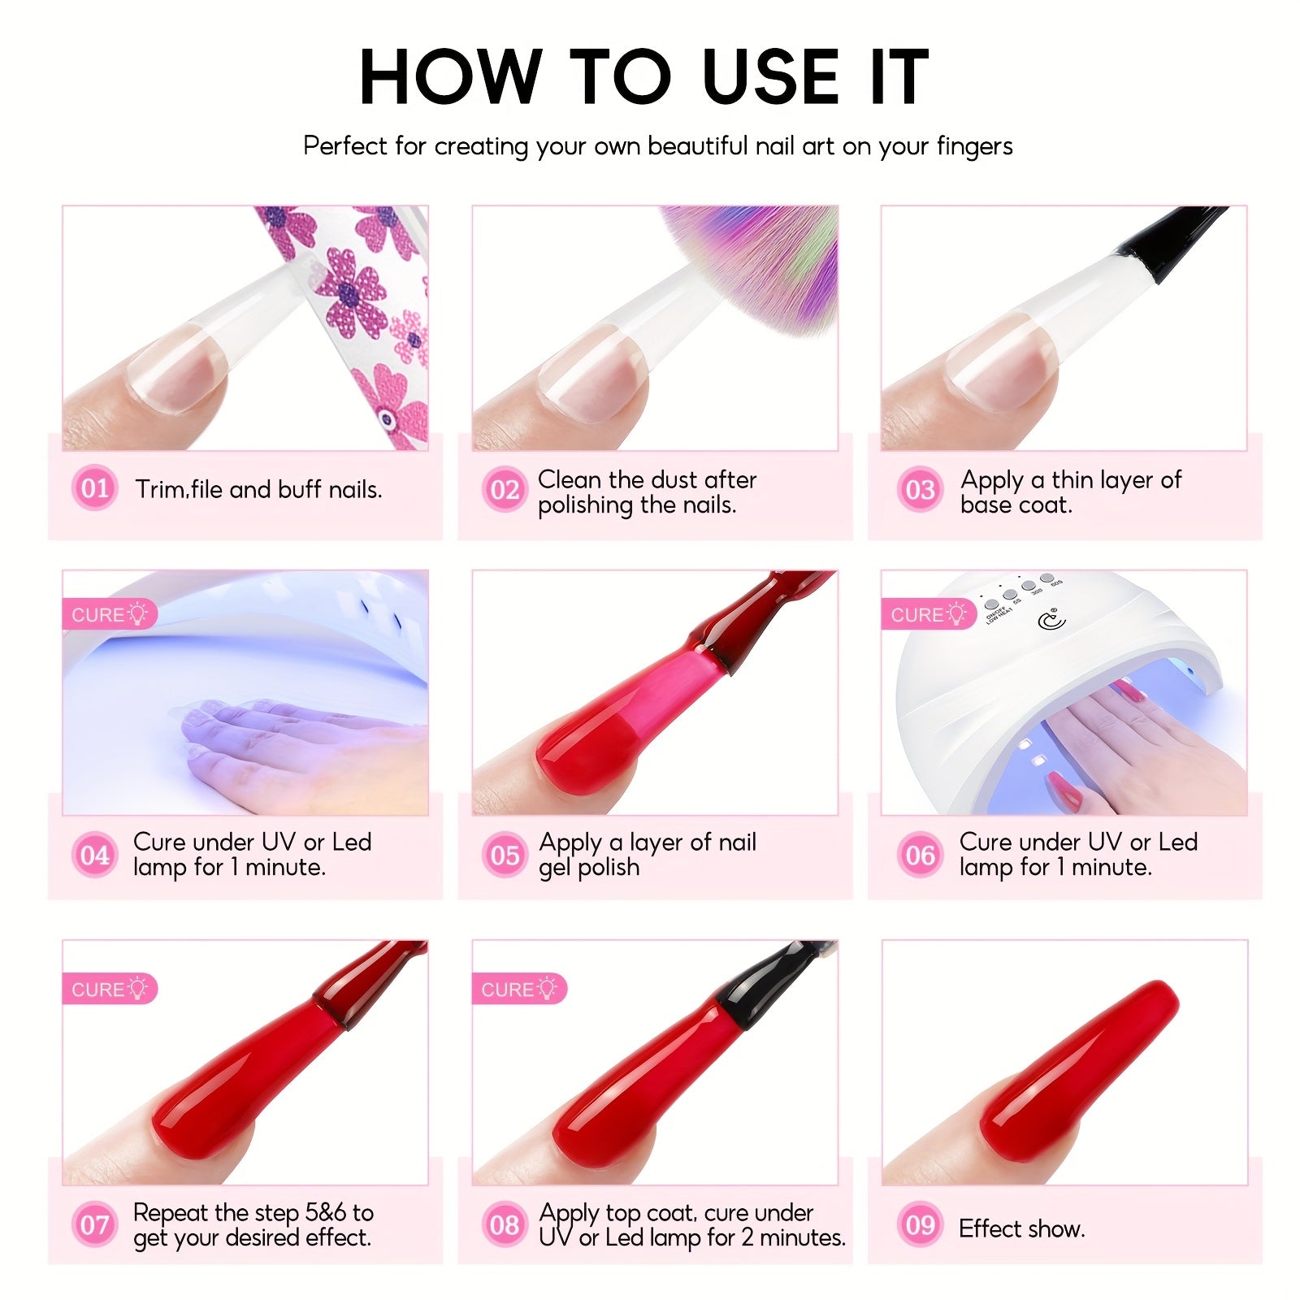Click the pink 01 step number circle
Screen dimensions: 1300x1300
(x=95, y=487)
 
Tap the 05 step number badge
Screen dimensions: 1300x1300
(x=505, y=855)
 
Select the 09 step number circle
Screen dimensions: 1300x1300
(x=921, y=1224)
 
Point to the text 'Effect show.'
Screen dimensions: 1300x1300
(x=1022, y=1228)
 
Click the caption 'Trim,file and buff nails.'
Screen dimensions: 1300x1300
(x=258, y=489)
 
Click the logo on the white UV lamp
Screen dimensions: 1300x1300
(x=1052, y=621)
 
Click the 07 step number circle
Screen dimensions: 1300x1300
(x=95, y=1224)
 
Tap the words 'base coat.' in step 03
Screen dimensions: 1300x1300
(x=1016, y=505)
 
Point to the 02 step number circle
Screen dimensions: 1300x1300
(x=505, y=489)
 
